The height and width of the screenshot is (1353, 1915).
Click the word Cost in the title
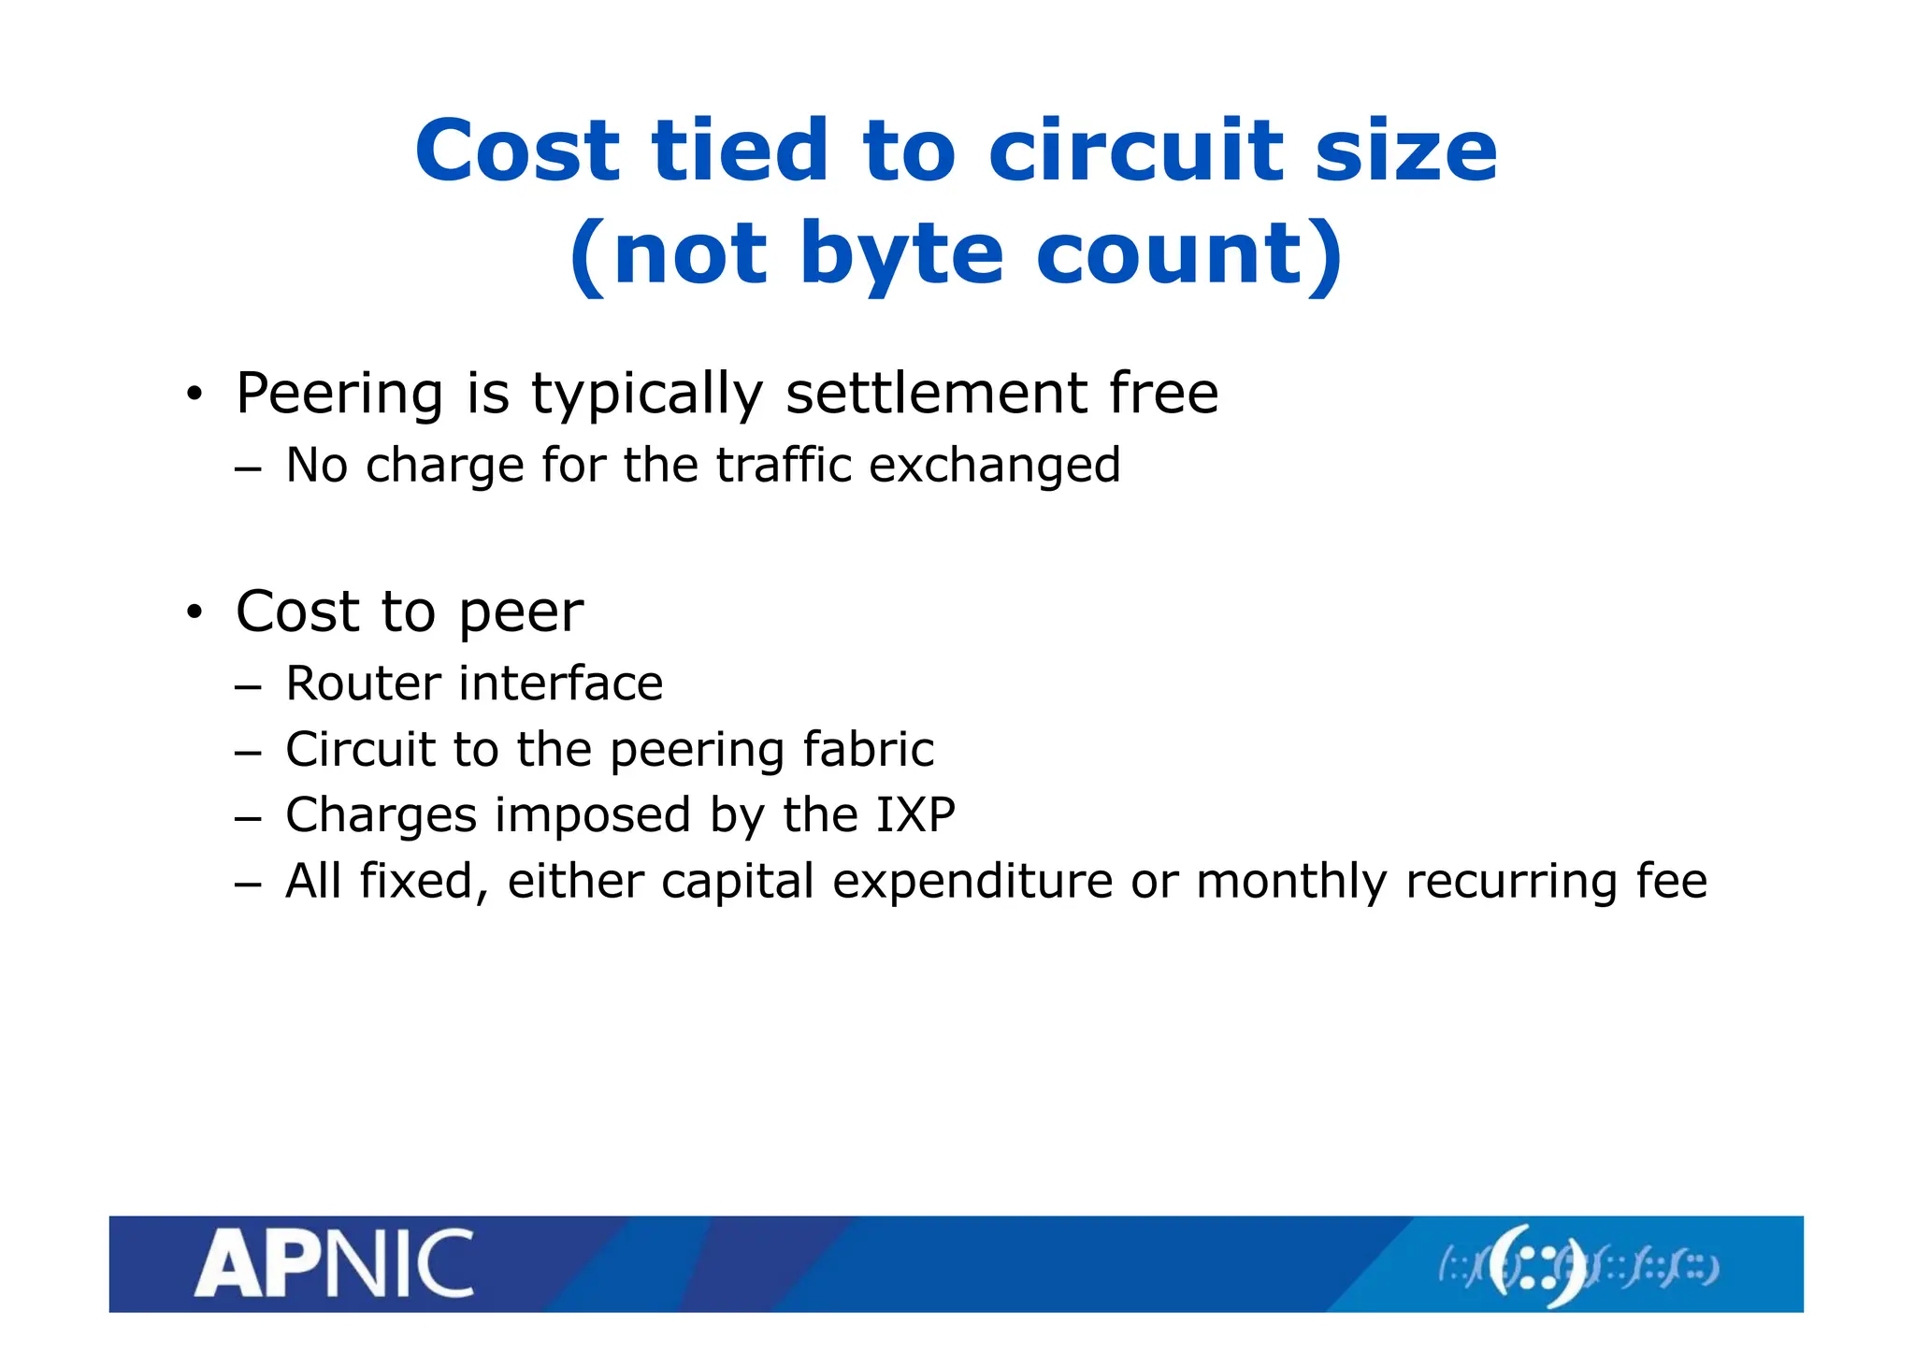click(x=517, y=151)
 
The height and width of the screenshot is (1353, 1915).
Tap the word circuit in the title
click(x=1134, y=151)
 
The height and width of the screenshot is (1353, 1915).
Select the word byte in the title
click(x=901, y=254)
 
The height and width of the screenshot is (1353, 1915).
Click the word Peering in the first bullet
click(x=339, y=394)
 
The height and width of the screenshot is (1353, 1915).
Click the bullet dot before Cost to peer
click(x=194, y=613)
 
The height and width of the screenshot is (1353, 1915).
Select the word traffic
click(x=784, y=465)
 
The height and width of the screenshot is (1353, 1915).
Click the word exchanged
click(x=994, y=465)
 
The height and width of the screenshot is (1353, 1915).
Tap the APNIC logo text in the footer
click(x=334, y=1264)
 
